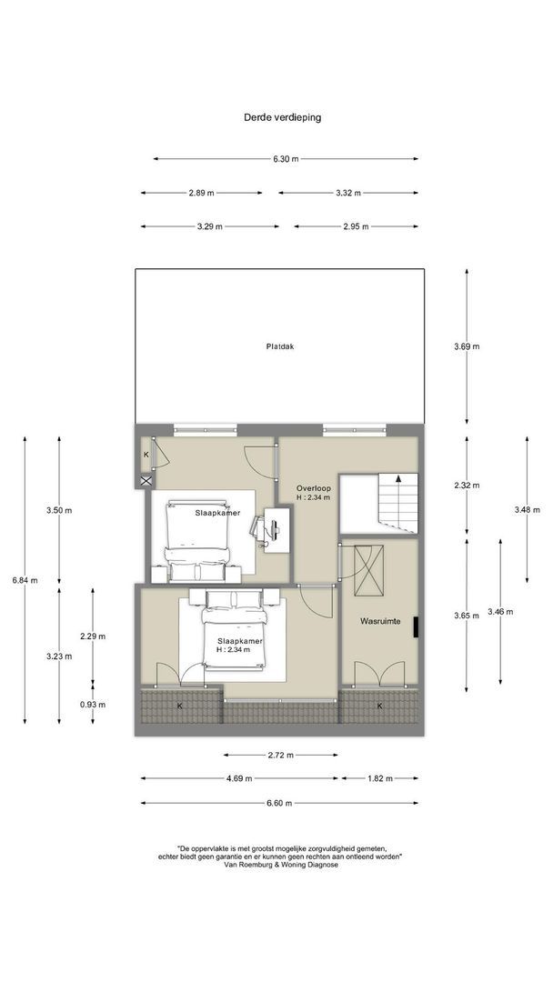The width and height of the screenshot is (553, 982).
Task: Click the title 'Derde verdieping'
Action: point(283,117)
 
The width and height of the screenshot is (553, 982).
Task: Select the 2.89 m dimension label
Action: point(201,193)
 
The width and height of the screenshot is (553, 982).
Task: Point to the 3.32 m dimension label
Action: point(348,193)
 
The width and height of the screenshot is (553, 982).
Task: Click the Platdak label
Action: point(280,346)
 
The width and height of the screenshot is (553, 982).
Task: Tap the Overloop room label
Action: point(314,488)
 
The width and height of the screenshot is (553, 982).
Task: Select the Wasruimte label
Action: point(380,621)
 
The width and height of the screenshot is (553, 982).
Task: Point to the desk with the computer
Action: point(276,530)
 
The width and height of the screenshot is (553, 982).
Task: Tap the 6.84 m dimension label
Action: point(25,580)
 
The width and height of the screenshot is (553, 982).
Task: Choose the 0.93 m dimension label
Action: point(93,704)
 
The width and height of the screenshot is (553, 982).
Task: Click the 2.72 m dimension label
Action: point(280,755)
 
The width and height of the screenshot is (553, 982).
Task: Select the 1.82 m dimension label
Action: point(379,778)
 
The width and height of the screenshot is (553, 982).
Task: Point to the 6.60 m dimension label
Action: point(278,803)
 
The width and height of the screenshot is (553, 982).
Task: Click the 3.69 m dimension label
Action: point(468,346)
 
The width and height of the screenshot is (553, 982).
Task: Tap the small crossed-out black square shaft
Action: point(146,480)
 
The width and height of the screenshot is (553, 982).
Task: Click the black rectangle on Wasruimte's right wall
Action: point(416,626)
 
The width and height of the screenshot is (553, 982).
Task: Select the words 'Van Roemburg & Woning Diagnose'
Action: point(280,865)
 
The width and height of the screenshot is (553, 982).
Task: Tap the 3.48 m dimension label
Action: point(528,510)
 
